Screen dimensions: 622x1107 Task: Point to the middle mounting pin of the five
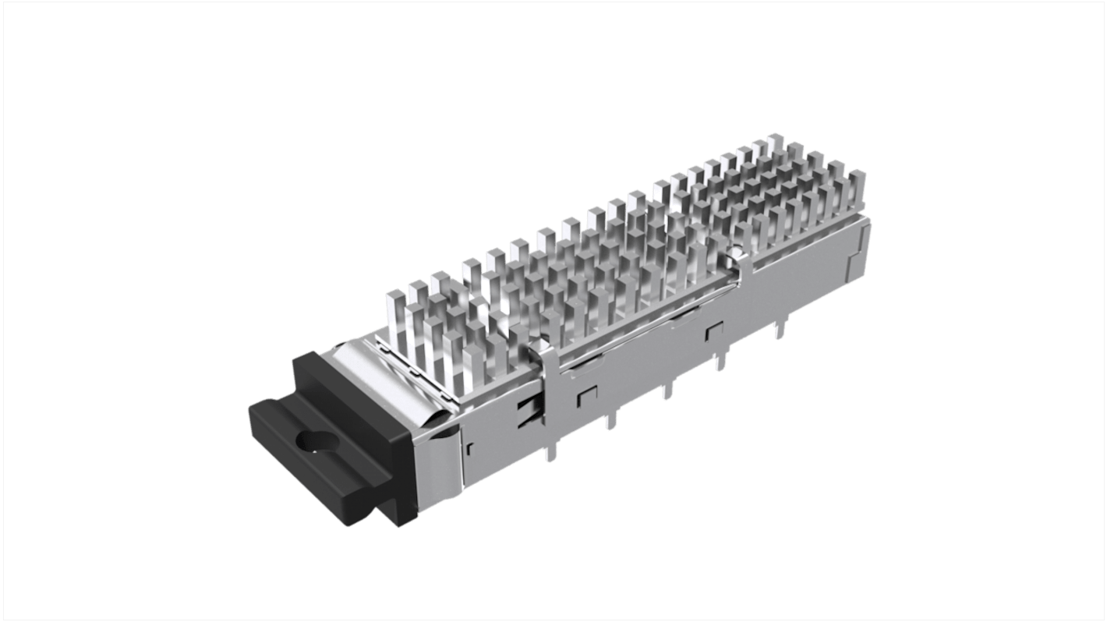point(667,390)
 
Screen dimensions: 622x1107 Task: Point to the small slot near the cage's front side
point(470,450)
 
